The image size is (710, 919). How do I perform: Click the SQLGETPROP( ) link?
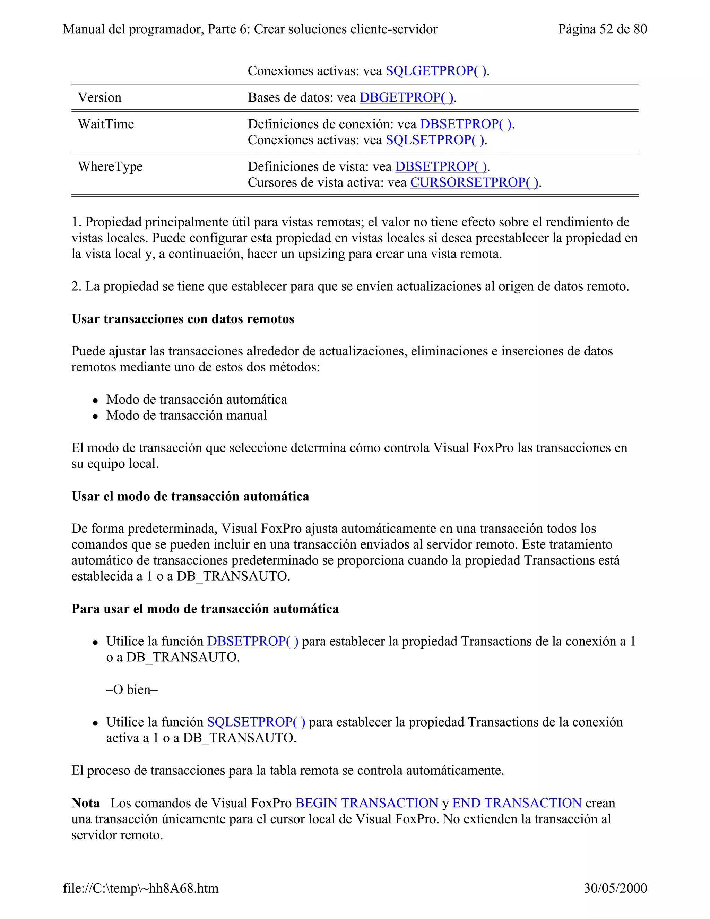pyautogui.click(x=436, y=71)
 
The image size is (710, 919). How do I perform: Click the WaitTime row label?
pyautogui.click(x=106, y=124)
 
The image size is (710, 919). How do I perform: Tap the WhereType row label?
pyautogui.click(x=110, y=166)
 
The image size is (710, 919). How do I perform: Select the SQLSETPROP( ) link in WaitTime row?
pyautogui.click(x=435, y=140)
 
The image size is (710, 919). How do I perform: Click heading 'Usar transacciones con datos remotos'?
pyautogui.click(x=183, y=319)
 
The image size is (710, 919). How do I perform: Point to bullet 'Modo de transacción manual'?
pyautogui.click(x=186, y=415)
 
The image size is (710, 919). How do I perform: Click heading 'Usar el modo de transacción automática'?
pyautogui.click(x=190, y=496)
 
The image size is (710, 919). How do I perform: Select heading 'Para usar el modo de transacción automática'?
pyautogui.click(x=205, y=609)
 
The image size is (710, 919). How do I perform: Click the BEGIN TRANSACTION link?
pyautogui.click(x=366, y=803)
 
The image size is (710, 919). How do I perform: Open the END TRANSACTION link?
pyautogui.click(x=517, y=803)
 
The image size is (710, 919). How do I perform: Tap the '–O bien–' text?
pyautogui.click(x=132, y=689)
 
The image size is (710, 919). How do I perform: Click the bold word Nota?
pyautogui.click(x=85, y=803)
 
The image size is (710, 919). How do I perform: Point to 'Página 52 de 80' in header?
pyautogui.click(x=602, y=29)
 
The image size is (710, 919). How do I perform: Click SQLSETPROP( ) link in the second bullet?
pyautogui.click(x=256, y=722)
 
